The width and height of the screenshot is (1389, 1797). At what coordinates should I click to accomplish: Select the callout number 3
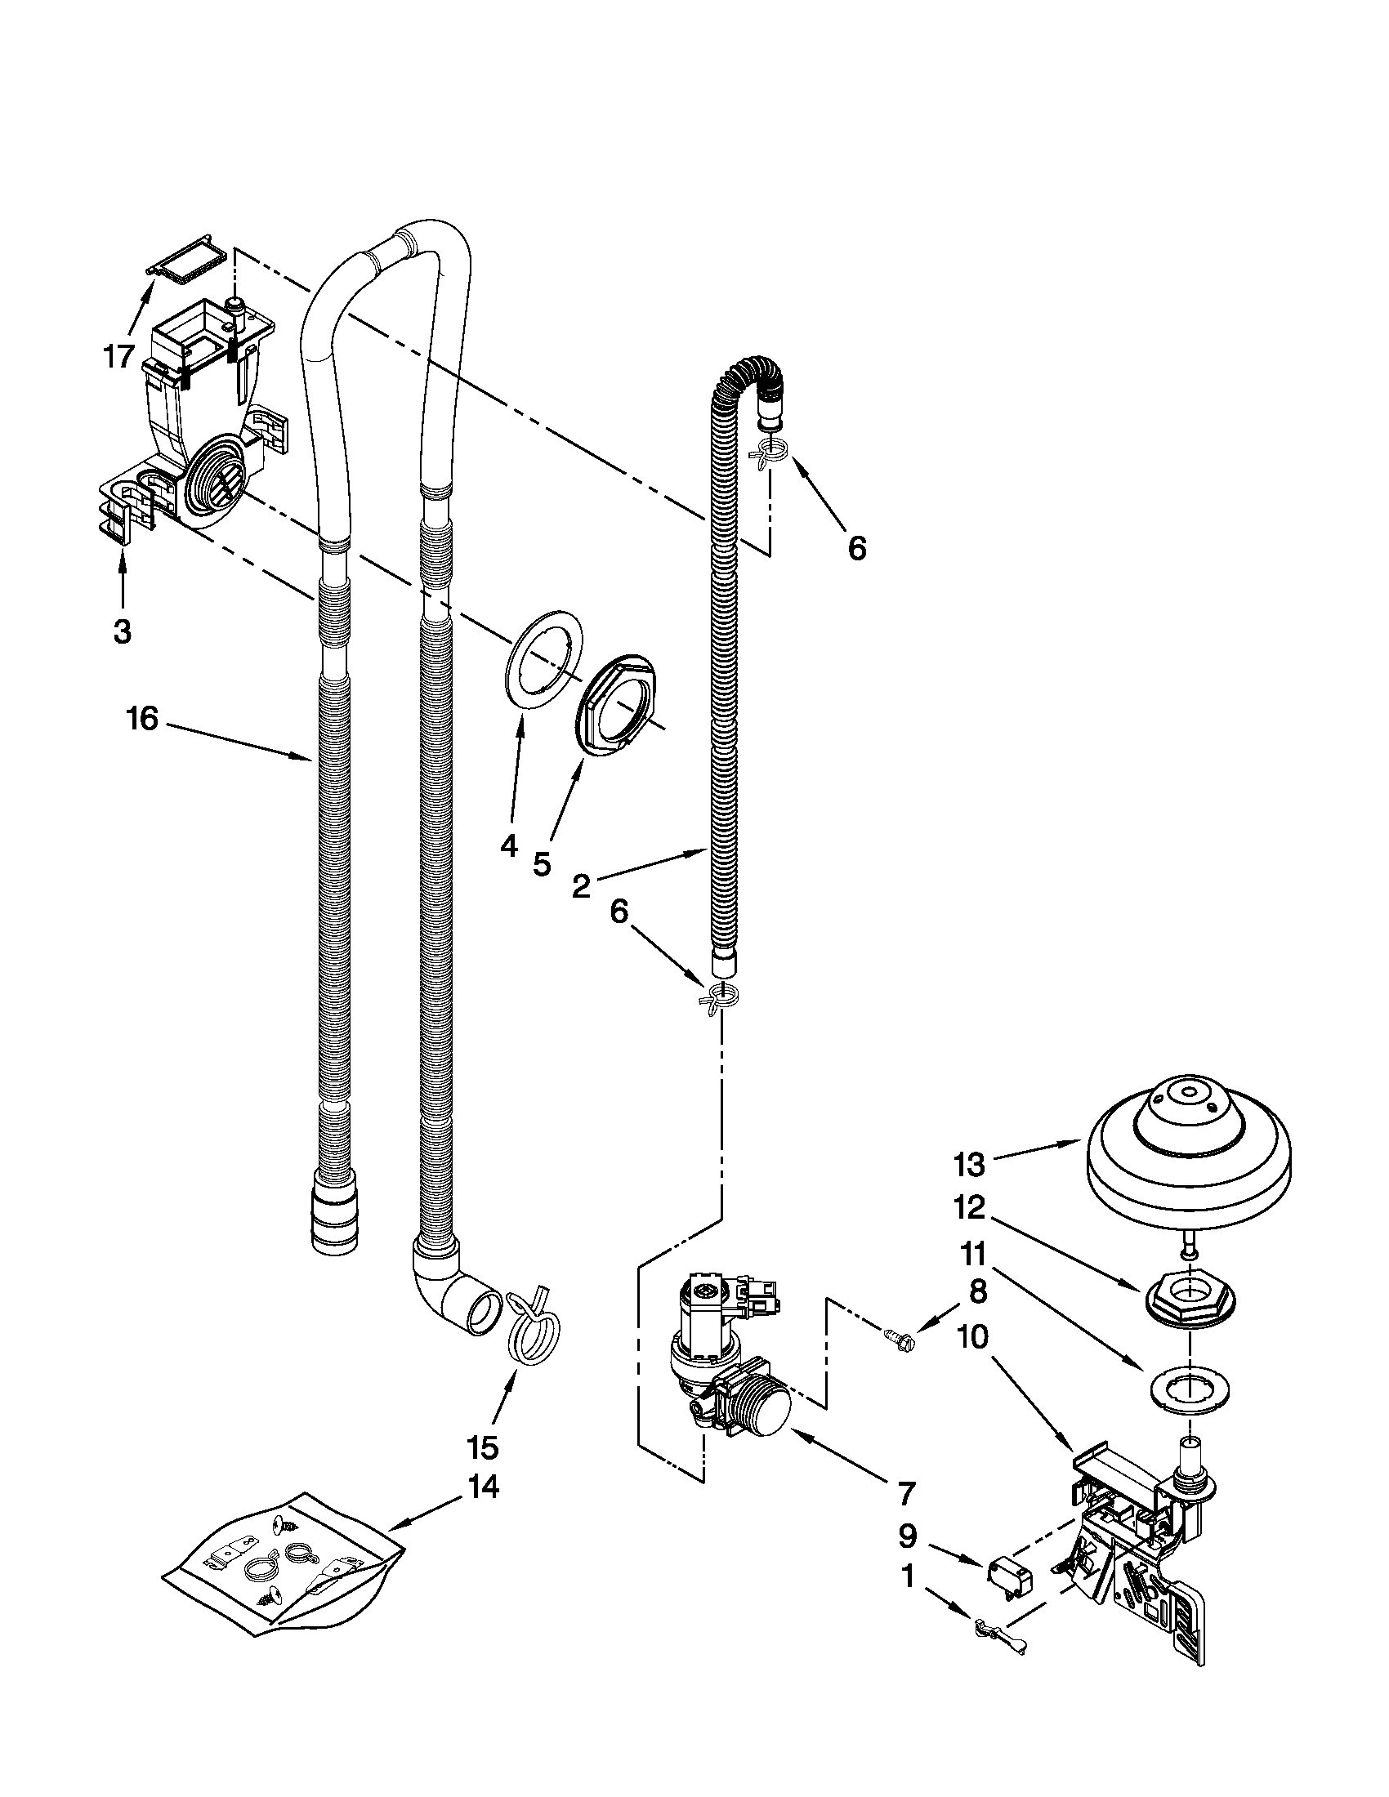122,631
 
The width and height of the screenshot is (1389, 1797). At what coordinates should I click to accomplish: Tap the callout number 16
141,718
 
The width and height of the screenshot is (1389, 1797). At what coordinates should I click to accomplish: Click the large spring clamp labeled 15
534,1326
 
